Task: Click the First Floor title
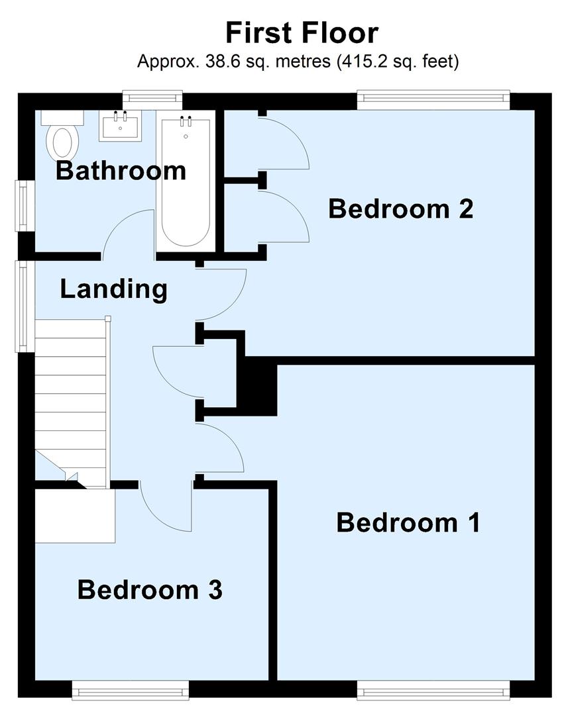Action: point(302,32)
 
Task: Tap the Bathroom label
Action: point(121,170)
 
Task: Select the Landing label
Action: point(113,289)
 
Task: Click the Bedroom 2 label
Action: point(400,209)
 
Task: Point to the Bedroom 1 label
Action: point(408,522)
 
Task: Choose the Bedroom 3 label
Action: point(150,589)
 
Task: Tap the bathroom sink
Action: point(120,126)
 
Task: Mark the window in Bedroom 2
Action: point(433,100)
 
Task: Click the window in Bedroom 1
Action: point(433,692)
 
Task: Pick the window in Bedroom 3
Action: point(131,692)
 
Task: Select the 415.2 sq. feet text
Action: point(398,62)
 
